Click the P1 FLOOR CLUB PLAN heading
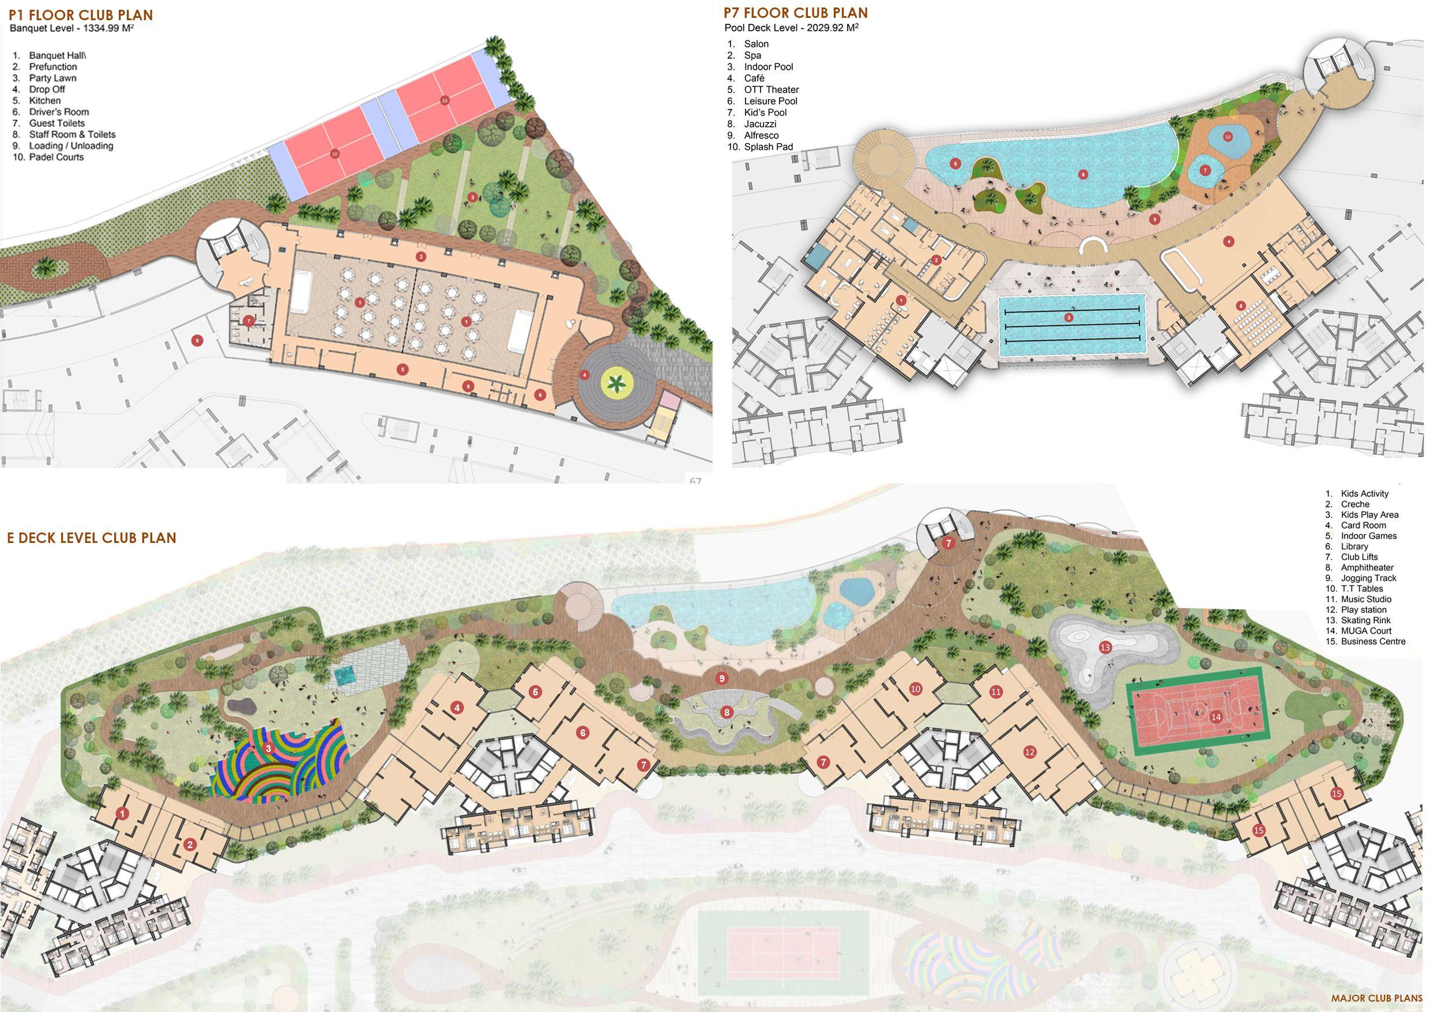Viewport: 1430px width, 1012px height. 80,15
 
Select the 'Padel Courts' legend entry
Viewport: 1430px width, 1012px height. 56,157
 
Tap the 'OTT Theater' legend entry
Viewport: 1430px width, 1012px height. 771,90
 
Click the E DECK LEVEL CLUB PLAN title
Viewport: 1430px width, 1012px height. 92,538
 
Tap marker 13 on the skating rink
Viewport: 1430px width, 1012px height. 1105,647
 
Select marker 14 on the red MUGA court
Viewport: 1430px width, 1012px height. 1215,717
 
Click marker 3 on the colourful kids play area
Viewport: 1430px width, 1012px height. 268,748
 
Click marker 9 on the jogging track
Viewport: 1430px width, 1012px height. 721,678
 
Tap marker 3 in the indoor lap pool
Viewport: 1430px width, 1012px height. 1069,318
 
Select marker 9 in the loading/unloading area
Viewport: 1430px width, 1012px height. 197,340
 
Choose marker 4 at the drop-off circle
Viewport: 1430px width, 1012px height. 584,374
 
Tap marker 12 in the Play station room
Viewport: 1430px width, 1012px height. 1029,753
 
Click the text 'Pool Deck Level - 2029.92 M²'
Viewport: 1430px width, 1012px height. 791,28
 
